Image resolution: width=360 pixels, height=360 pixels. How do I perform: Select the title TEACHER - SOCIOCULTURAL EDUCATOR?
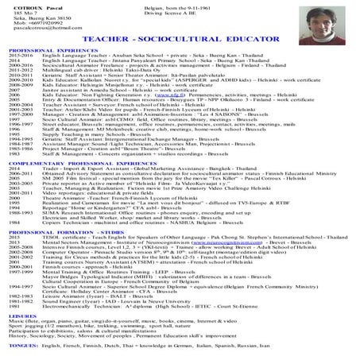click(180, 60)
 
